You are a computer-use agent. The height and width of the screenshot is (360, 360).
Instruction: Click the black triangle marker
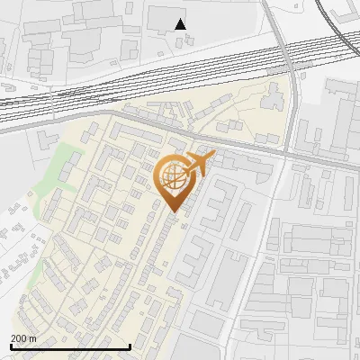[181, 24]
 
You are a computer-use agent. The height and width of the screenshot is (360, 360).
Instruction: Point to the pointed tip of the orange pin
[174, 212]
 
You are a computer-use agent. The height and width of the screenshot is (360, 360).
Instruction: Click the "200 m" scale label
[23, 338]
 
